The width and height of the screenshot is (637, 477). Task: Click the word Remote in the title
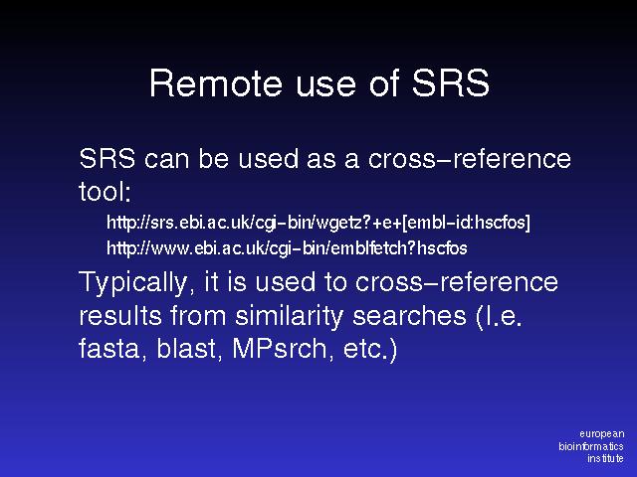[216, 83]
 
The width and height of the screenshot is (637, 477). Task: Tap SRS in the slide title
[451, 83]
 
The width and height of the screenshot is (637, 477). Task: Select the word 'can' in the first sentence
[166, 159]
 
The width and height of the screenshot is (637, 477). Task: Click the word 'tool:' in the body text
[105, 191]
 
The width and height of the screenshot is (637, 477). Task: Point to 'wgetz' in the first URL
[338, 223]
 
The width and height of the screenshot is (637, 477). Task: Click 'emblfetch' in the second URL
[367, 247]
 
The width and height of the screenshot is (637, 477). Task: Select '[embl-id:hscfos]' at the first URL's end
[466, 223]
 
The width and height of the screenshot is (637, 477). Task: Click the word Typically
[133, 282]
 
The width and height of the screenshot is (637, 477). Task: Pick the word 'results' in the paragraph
[120, 316]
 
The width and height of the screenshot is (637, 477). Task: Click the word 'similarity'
[290, 316]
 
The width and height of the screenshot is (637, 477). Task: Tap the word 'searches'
[409, 316]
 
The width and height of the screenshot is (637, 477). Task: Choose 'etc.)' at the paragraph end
[370, 349]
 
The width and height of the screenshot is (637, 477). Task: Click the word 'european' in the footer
[601, 434]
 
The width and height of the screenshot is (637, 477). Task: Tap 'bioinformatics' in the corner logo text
[591, 446]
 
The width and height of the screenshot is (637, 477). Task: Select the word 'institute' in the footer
[605, 458]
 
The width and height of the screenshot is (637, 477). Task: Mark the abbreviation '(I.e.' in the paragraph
[499, 316]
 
